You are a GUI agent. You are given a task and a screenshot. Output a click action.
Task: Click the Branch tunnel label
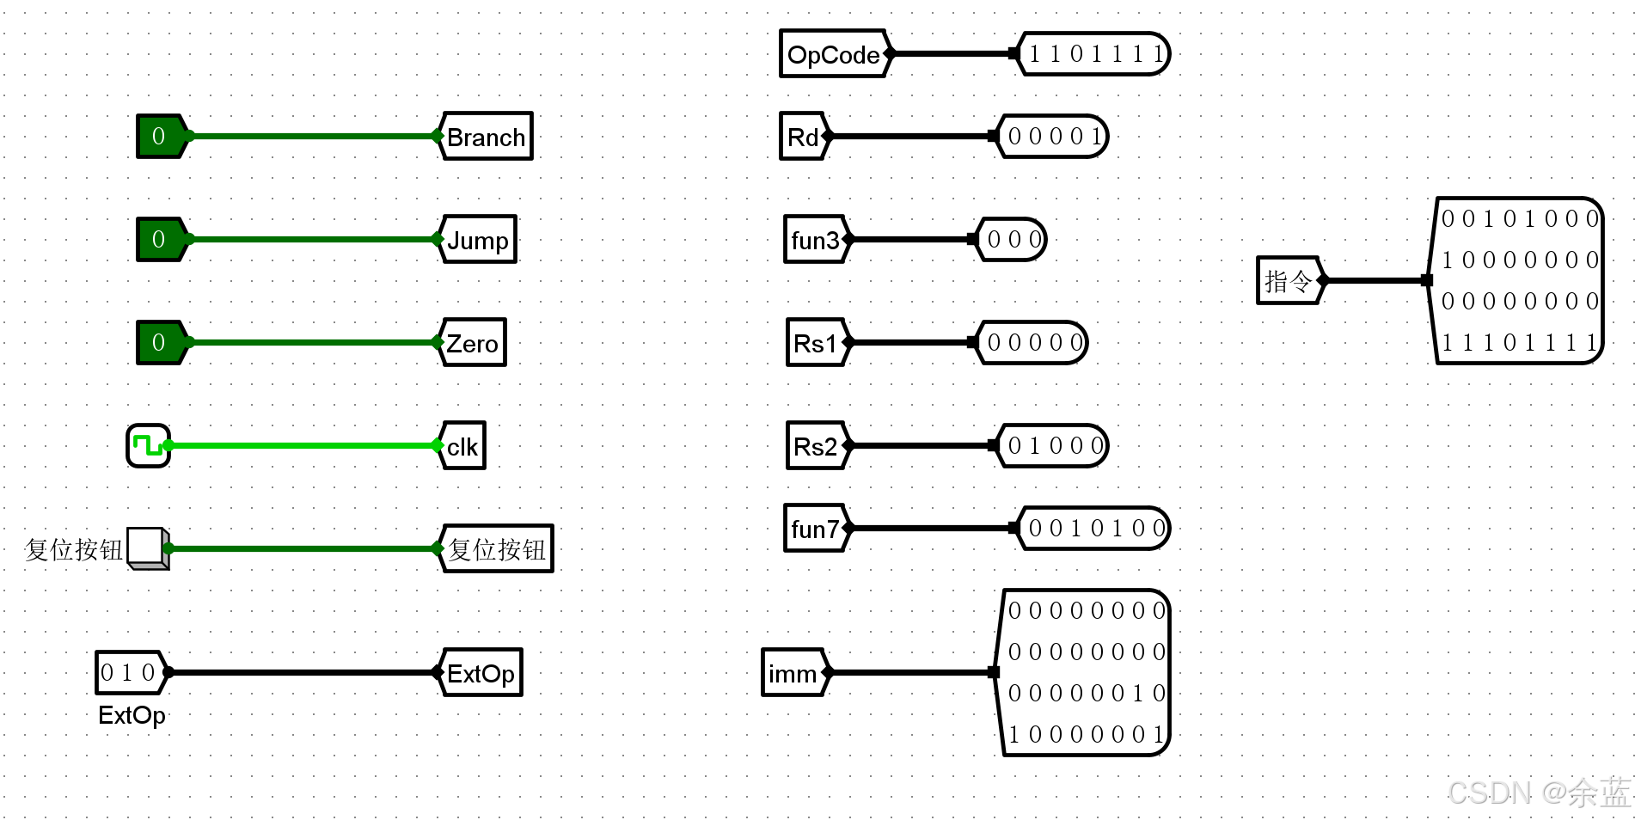(486, 137)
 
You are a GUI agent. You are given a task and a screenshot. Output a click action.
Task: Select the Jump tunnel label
(478, 240)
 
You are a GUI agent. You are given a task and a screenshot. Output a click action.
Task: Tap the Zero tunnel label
(473, 343)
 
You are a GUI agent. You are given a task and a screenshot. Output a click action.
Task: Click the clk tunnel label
(462, 446)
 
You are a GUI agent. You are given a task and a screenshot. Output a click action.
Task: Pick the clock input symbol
(148, 445)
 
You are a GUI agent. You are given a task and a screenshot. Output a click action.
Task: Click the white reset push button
(146, 547)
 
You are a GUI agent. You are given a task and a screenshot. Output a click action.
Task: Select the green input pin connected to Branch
(160, 136)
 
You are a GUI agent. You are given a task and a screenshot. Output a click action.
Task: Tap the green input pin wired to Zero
(160, 342)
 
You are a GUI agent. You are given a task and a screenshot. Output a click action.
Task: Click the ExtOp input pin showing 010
(129, 672)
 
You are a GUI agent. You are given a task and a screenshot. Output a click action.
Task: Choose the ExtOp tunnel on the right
(481, 673)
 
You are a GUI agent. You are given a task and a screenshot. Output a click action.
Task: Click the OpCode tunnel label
(833, 54)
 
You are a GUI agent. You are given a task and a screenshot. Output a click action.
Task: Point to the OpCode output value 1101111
(1093, 54)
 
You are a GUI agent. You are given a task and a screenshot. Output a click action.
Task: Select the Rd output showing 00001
(1053, 137)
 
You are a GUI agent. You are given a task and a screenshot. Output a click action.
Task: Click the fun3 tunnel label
(815, 240)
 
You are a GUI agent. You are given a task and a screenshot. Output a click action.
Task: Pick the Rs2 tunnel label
(816, 446)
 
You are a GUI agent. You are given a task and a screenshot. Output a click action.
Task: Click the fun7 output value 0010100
(1094, 528)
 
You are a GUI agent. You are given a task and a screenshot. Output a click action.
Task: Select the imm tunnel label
(793, 673)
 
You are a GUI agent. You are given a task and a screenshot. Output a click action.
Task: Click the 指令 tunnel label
(1288, 280)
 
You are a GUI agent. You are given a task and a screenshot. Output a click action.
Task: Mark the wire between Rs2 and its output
(920, 445)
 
